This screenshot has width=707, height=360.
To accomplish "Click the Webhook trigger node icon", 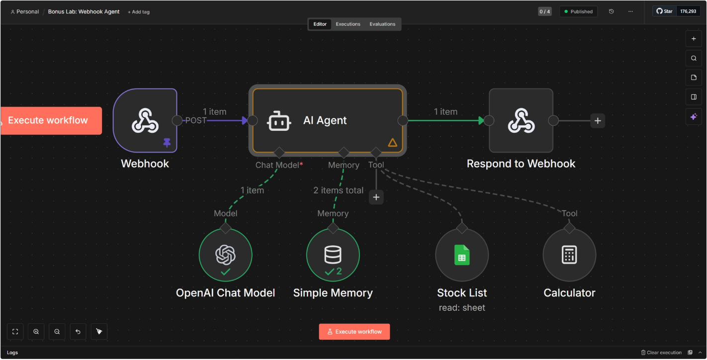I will tap(145, 120).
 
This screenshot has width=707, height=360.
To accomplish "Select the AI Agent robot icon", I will tap(279, 120).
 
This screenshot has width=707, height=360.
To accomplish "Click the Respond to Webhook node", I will tap(521, 120).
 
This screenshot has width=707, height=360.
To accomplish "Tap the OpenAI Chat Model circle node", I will tap(225, 255).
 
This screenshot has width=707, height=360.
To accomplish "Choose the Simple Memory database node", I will tap(333, 255).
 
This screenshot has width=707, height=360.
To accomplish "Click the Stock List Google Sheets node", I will tap(462, 255).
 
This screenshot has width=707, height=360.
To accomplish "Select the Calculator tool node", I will tap(569, 255).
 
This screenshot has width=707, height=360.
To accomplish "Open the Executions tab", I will tap(348, 24).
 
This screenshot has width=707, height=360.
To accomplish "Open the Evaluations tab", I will tap(382, 24).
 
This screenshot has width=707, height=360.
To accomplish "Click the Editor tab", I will tap(320, 24).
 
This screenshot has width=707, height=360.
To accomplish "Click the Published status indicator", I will tap(578, 11).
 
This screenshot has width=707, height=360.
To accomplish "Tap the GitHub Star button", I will tap(665, 11).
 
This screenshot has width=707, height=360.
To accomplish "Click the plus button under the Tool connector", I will tap(376, 197).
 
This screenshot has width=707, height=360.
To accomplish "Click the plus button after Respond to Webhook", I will tap(598, 120).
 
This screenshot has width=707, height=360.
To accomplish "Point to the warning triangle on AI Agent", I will tap(392, 143).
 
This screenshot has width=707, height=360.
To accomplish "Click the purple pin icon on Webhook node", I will tap(167, 143).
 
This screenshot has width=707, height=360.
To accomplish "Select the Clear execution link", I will tap(661, 353).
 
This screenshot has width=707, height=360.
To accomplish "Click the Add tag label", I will tap(139, 12).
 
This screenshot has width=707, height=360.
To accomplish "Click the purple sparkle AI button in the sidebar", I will tap(694, 116).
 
